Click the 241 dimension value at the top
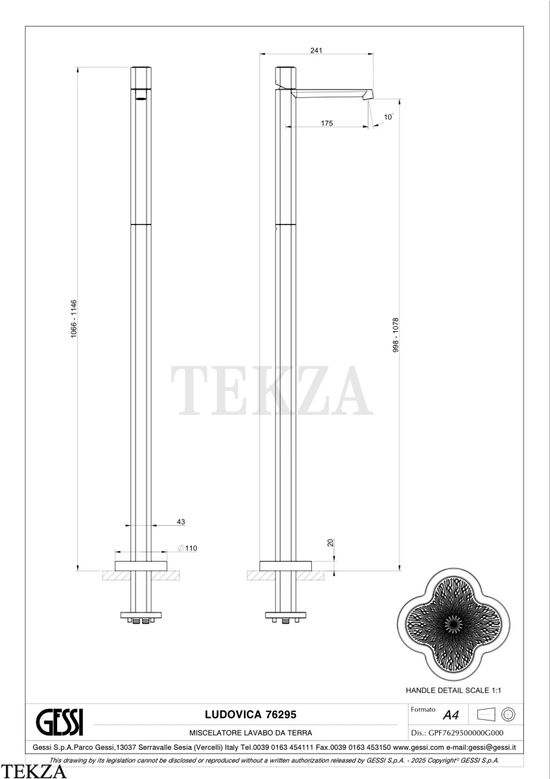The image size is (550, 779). [316, 51]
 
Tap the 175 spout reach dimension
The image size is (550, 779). [327, 123]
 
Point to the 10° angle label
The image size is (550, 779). [389, 116]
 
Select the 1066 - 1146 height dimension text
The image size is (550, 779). [74, 319]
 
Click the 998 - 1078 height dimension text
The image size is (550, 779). [396, 335]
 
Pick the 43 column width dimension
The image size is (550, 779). [181, 522]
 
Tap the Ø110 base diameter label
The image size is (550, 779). [187, 548]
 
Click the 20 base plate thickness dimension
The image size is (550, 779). [330, 543]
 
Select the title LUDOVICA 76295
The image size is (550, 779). [250, 714]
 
